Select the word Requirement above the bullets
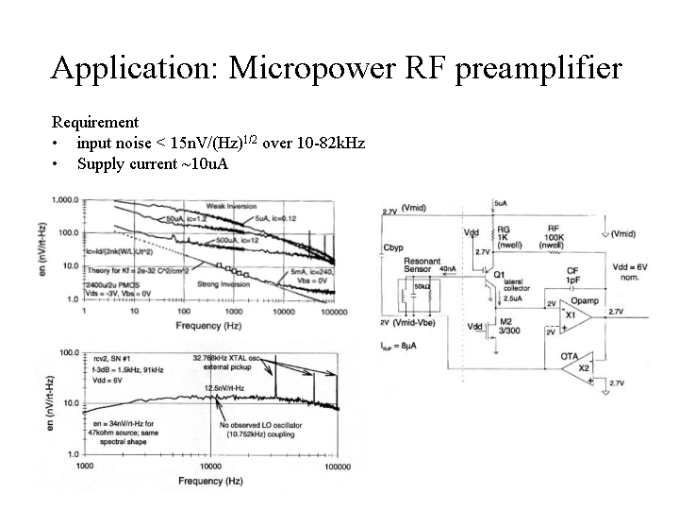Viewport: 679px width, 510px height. [95, 122]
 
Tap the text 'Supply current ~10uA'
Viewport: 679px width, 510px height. [153, 163]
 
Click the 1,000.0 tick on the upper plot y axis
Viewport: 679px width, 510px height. [64, 200]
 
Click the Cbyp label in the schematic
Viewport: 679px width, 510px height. [393, 248]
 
